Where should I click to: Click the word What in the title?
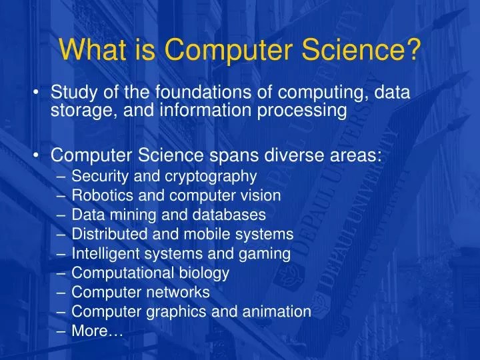pos(93,49)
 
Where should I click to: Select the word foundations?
pos(203,92)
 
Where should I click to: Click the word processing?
pos(302,111)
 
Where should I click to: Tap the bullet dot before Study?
pos(36,93)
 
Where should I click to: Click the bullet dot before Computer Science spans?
pos(36,156)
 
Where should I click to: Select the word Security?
pos(100,177)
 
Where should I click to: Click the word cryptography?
pos(211,177)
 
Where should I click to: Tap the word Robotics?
pos(102,195)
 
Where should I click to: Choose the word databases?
pos(229,215)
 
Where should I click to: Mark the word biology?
pos(204,273)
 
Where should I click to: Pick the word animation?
pos(277,311)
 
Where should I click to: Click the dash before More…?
pos(61,331)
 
